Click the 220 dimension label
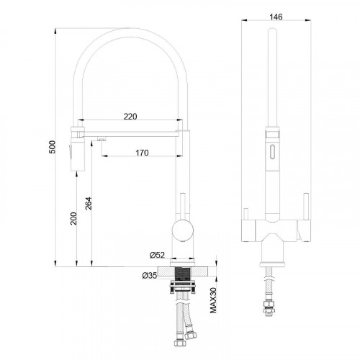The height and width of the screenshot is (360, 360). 130,114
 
